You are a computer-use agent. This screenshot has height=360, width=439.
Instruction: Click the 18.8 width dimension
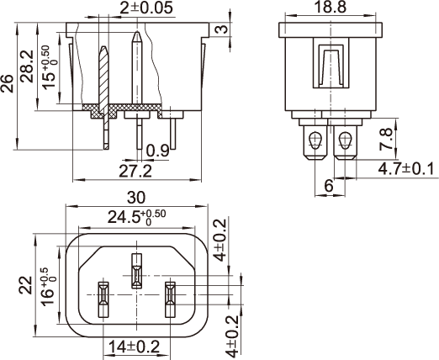[331, 7]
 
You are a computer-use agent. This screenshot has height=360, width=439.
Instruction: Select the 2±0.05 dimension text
[146, 8]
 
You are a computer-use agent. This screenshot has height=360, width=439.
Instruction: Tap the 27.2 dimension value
[135, 172]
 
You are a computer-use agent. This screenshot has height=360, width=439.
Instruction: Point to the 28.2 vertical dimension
[28, 66]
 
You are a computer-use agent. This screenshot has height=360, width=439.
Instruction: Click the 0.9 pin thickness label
[158, 151]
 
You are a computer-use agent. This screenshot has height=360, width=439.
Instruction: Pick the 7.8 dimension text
[386, 139]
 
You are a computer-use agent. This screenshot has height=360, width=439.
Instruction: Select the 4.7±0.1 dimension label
[406, 169]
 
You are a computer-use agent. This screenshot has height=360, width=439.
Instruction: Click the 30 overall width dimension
[136, 198]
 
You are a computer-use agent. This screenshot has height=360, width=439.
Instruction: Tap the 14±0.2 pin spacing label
[134, 347]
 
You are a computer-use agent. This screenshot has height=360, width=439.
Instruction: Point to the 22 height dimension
[25, 285]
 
